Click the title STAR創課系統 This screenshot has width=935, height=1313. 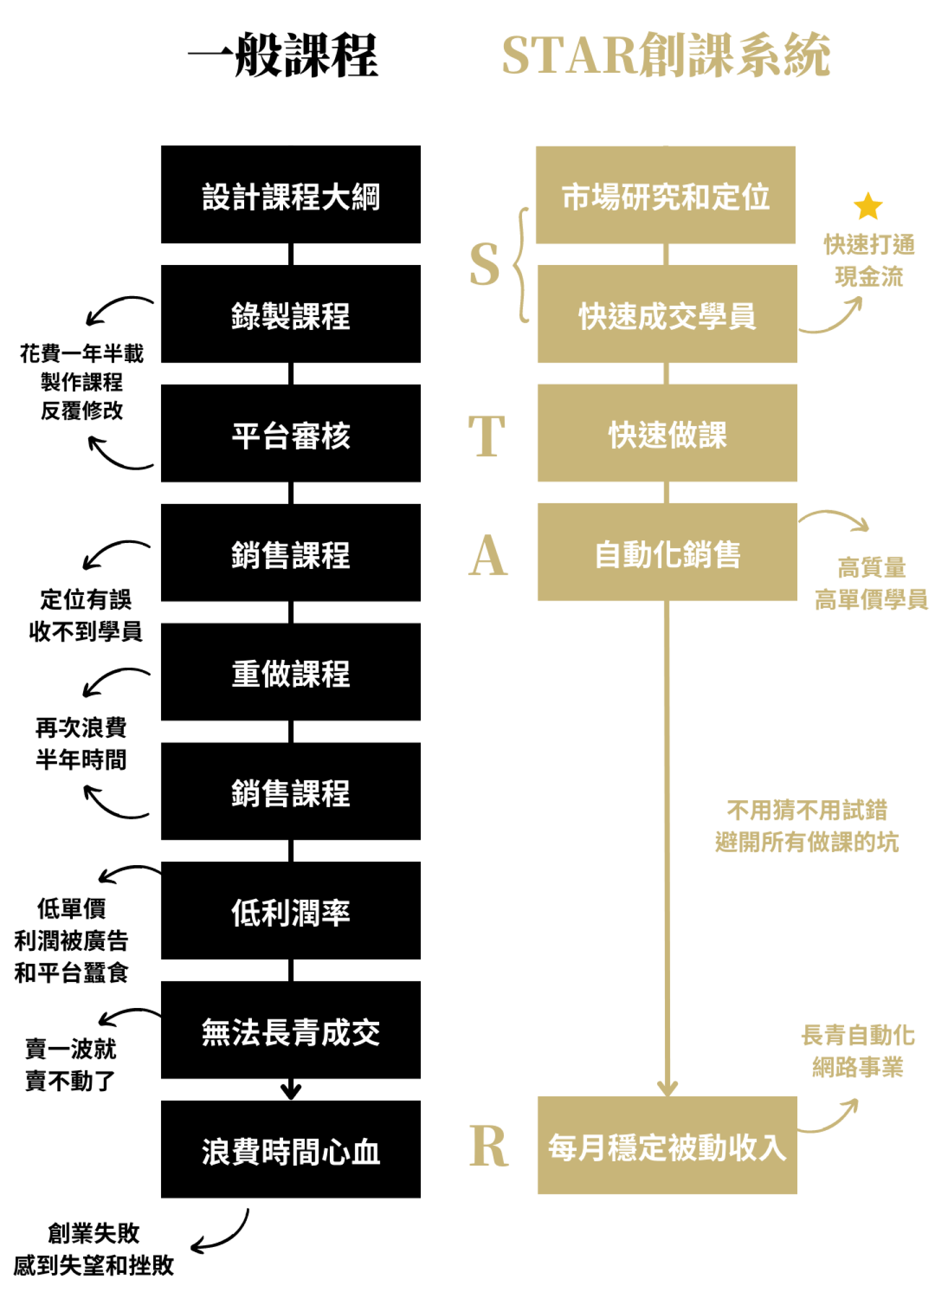[665, 55]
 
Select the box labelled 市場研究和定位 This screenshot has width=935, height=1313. [665, 195]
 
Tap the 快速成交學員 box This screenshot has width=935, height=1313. [667, 314]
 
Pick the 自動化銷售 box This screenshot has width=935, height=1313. [667, 552]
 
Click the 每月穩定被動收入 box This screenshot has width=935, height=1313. [667, 1146]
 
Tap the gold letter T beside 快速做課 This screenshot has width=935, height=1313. [487, 435]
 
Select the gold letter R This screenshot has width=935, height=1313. [488, 1146]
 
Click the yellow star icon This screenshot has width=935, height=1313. [867, 207]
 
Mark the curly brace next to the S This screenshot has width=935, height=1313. [523, 265]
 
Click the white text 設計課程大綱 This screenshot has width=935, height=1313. [291, 197]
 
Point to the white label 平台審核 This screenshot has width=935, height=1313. [291, 435]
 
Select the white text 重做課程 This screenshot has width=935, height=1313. [291, 674]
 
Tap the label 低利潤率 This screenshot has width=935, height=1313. [291, 913]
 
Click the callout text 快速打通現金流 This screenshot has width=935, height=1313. [869, 260]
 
